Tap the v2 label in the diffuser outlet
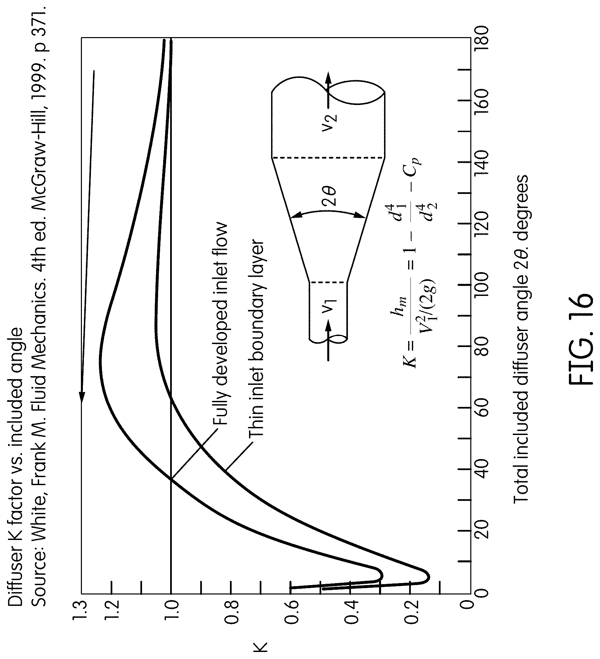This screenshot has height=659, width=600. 330,123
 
